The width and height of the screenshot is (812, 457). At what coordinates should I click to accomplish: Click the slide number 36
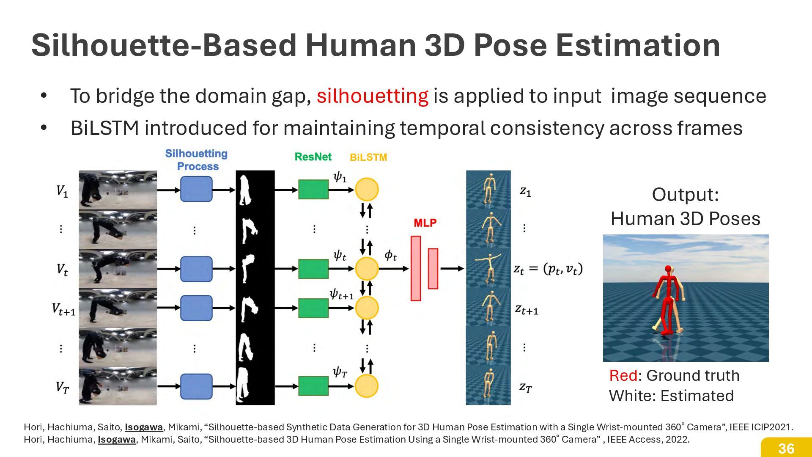(x=786, y=448)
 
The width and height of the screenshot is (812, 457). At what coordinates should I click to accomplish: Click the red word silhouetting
(x=372, y=96)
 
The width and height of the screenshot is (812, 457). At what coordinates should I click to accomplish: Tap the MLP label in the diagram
(x=425, y=223)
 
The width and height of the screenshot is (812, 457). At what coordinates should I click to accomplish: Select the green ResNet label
(x=313, y=157)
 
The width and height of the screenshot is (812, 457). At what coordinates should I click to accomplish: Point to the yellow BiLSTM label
(x=368, y=157)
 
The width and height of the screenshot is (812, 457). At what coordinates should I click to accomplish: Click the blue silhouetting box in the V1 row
(x=196, y=189)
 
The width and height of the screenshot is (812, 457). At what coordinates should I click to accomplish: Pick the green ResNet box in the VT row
(x=313, y=386)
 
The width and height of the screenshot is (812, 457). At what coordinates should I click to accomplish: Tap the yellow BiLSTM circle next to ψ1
(x=367, y=189)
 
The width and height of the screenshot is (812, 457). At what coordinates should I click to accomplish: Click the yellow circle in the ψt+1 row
(x=367, y=308)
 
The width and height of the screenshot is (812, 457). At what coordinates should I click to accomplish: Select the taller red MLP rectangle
(x=416, y=268)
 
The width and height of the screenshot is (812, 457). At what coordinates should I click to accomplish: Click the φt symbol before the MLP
(x=390, y=256)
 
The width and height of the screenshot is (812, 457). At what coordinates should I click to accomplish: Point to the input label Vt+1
(x=63, y=309)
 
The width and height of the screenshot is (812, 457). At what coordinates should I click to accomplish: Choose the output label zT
(x=526, y=387)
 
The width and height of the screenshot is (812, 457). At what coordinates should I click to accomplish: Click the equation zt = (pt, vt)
(x=548, y=269)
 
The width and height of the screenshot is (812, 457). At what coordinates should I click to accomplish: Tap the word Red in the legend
(x=623, y=375)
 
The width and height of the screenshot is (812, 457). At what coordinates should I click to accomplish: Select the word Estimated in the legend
(x=697, y=396)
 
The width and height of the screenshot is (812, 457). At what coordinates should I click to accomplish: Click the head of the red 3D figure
(x=668, y=268)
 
